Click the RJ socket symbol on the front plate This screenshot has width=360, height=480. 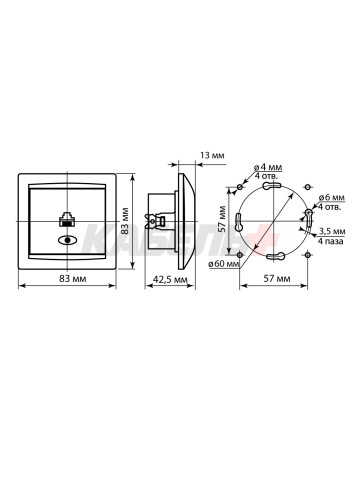coord(67,219)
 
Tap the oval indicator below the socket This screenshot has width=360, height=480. coord(67,240)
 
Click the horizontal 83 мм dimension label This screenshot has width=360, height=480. coord(73,278)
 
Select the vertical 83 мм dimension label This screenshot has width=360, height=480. coord(125,221)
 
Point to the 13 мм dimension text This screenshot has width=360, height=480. coord(212,155)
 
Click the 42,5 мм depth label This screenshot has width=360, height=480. coord(170,279)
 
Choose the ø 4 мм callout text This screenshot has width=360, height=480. coord(268,167)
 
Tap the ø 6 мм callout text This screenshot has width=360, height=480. coord(331,198)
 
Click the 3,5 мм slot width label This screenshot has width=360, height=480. coord(332,231)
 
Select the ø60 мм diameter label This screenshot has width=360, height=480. coord(224,264)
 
